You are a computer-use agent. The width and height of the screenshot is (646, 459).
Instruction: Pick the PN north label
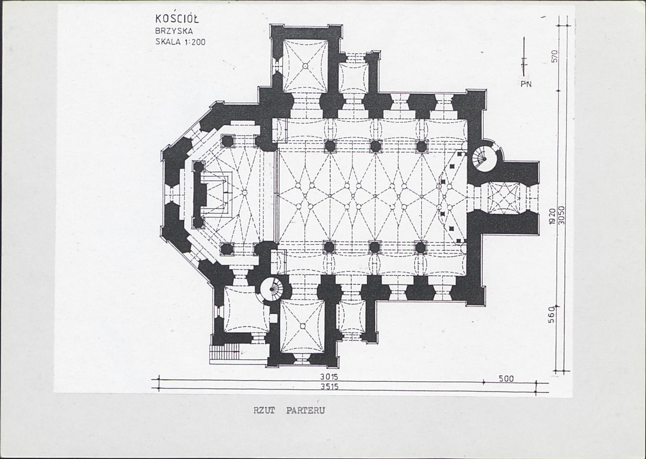[x=526, y=84]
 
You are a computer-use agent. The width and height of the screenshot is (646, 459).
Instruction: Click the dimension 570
[x=554, y=57]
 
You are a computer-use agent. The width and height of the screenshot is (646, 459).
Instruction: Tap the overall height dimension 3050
[x=561, y=215]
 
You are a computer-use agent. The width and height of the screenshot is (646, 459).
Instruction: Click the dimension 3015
[x=329, y=376]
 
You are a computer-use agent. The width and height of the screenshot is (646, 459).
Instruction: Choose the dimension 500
[x=506, y=379]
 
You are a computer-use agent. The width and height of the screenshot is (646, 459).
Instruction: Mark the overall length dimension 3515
[x=329, y=387]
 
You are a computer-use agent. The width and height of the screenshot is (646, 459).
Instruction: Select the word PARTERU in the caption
[x=305, y=410]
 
